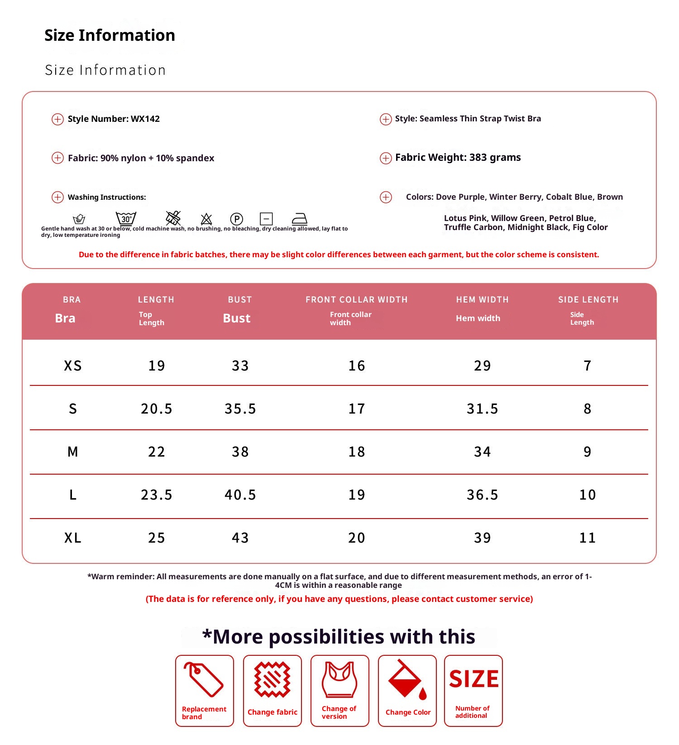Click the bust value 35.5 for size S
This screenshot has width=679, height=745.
(x=240, y=409)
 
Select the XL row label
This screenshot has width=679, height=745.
(x=73, y=538)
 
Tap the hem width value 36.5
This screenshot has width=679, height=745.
(x=482, y=495)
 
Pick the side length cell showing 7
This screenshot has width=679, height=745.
(x=587, y=366)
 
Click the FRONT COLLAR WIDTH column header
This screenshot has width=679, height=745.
(x=356, y=300)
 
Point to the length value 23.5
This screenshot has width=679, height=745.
(x=156, y=495)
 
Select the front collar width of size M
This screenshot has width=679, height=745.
(x=356, y=452)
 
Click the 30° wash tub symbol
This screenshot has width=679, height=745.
(x=126, y=218)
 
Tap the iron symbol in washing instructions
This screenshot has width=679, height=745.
(x=299, y=219)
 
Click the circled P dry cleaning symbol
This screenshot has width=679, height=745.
(x=236, y=219)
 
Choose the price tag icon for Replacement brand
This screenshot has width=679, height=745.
(x=204, y=679)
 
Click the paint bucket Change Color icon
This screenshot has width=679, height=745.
(x=407, y=679)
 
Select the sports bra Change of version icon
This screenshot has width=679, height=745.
(x=339, y=679)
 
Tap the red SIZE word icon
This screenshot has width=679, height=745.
(x=473, y=679)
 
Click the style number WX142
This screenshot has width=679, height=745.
(x=145, y=119)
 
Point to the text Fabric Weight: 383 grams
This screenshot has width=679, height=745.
(x=458, y=158)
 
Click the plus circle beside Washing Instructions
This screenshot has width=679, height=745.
(x=57, y=197)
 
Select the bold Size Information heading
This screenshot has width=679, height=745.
(x=110, y=35)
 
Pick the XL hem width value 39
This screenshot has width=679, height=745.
(x=482, y=538)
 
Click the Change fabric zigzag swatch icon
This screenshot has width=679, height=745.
(x=272, y=679)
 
